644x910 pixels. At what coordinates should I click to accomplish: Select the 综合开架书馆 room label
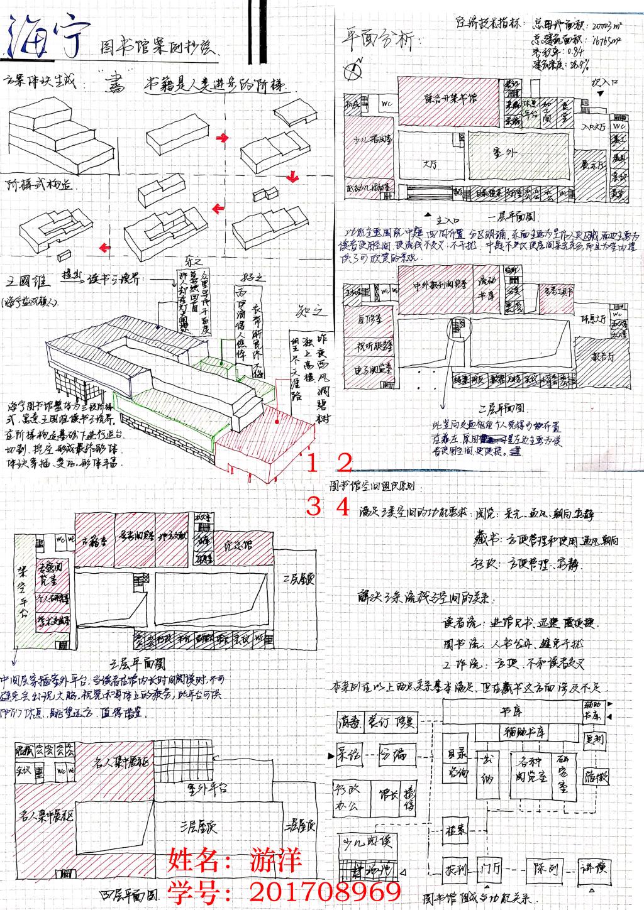click(x=450, y=99)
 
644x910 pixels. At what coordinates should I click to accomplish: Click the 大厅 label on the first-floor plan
click(x=431, y=165)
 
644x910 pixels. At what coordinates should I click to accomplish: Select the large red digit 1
click(x=313, y=463)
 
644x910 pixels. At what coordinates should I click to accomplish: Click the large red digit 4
click(x=341, y=506)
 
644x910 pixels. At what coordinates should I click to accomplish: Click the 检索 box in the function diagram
click(x=456, y=830)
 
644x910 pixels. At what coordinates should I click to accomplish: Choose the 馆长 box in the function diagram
click(x=383, y=794)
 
